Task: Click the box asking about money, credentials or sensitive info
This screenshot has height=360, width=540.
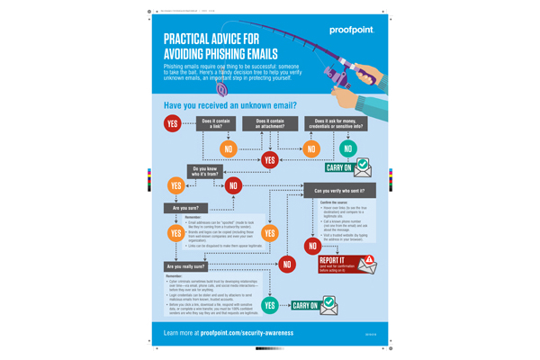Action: click(x=335, y=123)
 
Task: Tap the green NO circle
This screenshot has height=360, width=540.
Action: click(x=348, y=148)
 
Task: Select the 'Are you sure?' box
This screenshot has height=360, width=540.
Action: click(x=184, y=208)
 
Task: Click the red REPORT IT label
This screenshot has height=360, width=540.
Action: click(x=335, y=260)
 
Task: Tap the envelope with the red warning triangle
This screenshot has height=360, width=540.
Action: click(x=366, y=264)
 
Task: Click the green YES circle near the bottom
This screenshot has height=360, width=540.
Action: click(x=269, y=306)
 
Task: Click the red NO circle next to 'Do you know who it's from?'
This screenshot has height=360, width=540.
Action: click(x=234, y=185)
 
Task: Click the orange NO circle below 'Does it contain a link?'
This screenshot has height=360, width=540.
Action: click(x=229, y=148)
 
